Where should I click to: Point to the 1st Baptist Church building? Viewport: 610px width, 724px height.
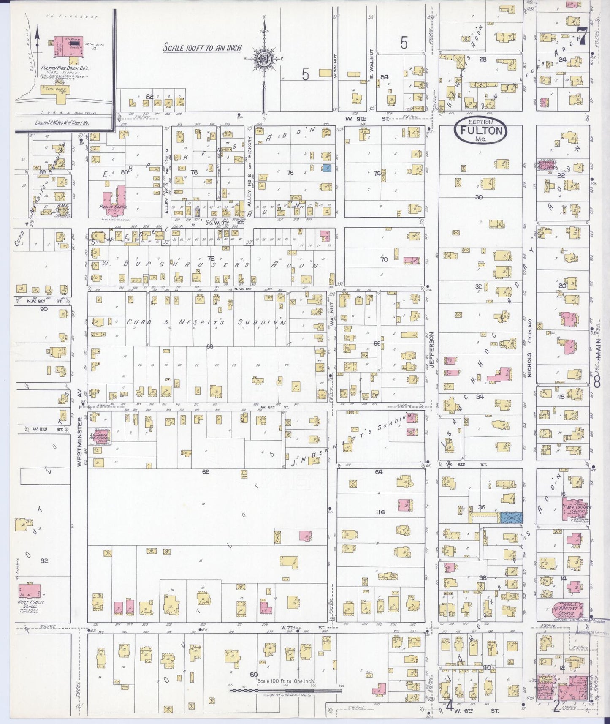tap(570, 611)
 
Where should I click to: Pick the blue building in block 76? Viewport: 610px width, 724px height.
tap(326, 169)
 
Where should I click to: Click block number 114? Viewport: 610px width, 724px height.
tap(380, 512)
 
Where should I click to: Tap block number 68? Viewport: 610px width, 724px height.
tap(210, 346)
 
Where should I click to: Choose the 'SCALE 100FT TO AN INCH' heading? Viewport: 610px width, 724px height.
tap(203, 48)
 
